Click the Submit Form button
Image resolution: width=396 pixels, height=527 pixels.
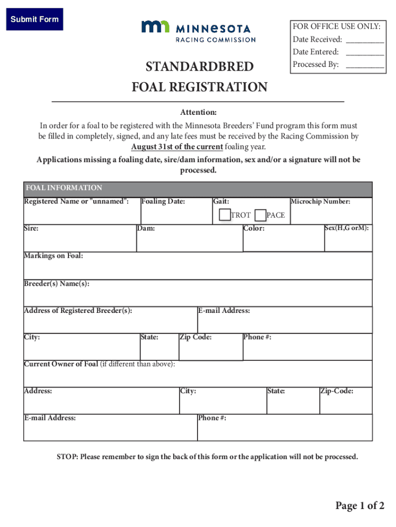[x=34, y=20]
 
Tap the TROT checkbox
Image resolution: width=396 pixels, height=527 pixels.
[x=224, y=215]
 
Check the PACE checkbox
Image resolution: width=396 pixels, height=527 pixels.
[x=260, y=215]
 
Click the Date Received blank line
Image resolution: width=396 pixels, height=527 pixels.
[x=365, y=40]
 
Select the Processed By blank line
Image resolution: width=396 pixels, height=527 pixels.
[x=365, y=65]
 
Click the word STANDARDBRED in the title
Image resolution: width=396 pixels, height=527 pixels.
[x=200, y=67]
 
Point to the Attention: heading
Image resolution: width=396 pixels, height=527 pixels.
[x=198, y=112]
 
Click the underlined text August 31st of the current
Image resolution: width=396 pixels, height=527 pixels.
[x=177, y=147]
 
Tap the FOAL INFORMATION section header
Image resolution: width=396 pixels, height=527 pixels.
[x=64, y=188]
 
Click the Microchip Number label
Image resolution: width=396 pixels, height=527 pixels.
[x=321, y=202]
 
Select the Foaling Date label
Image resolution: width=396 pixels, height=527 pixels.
[x=163, y=202]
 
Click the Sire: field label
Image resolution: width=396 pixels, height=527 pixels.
[x=31, y=228]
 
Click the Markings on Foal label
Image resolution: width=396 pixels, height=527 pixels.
[x=53, y=256]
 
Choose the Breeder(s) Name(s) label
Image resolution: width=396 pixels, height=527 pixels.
[x=57, y=284]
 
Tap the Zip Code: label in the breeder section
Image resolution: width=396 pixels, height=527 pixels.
[x=195, y=337]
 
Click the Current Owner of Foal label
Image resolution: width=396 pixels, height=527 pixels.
[x=61, y=364]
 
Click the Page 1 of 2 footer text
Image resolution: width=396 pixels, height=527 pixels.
[x=359, y=506]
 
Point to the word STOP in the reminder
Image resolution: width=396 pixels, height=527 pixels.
[x=66, y=457]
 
